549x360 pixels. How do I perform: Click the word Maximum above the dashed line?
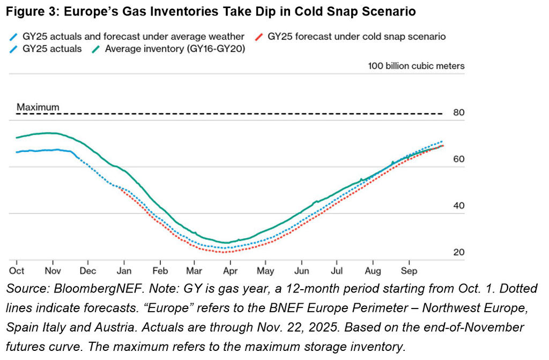pos(38,107)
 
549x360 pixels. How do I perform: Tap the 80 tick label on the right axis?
pos(458,113)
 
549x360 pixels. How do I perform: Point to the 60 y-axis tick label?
pos(458,159)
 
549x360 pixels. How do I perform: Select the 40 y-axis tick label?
pos(458,206)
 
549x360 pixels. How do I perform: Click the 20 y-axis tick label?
pos(458,252)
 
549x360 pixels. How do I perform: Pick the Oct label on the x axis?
pos(17,271)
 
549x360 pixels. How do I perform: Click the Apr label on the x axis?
pos(231,271)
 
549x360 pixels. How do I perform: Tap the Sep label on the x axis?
pos(409,271)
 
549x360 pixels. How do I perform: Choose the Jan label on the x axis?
pos(124,271)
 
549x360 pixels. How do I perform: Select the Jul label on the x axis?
pos(338,271)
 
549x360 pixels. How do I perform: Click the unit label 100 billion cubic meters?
pos(416,66)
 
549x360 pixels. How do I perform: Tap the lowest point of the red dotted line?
pos(225,252)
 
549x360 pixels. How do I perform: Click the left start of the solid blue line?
pos(17,152)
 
